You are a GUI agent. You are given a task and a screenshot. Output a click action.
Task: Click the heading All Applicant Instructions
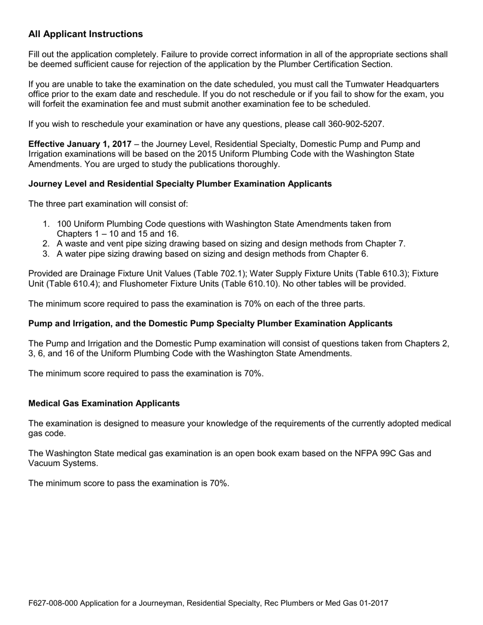tap(85, 34)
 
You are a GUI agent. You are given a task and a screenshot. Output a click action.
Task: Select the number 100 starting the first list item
tap(64, 224)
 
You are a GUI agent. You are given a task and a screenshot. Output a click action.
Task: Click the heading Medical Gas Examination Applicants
tap(104, 403)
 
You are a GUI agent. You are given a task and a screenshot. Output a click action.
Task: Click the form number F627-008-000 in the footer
tap(53, 603)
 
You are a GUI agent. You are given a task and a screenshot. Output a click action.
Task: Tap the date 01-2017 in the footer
tap(373, 603)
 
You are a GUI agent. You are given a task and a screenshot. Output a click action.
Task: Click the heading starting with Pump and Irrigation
tap(210, 323)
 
